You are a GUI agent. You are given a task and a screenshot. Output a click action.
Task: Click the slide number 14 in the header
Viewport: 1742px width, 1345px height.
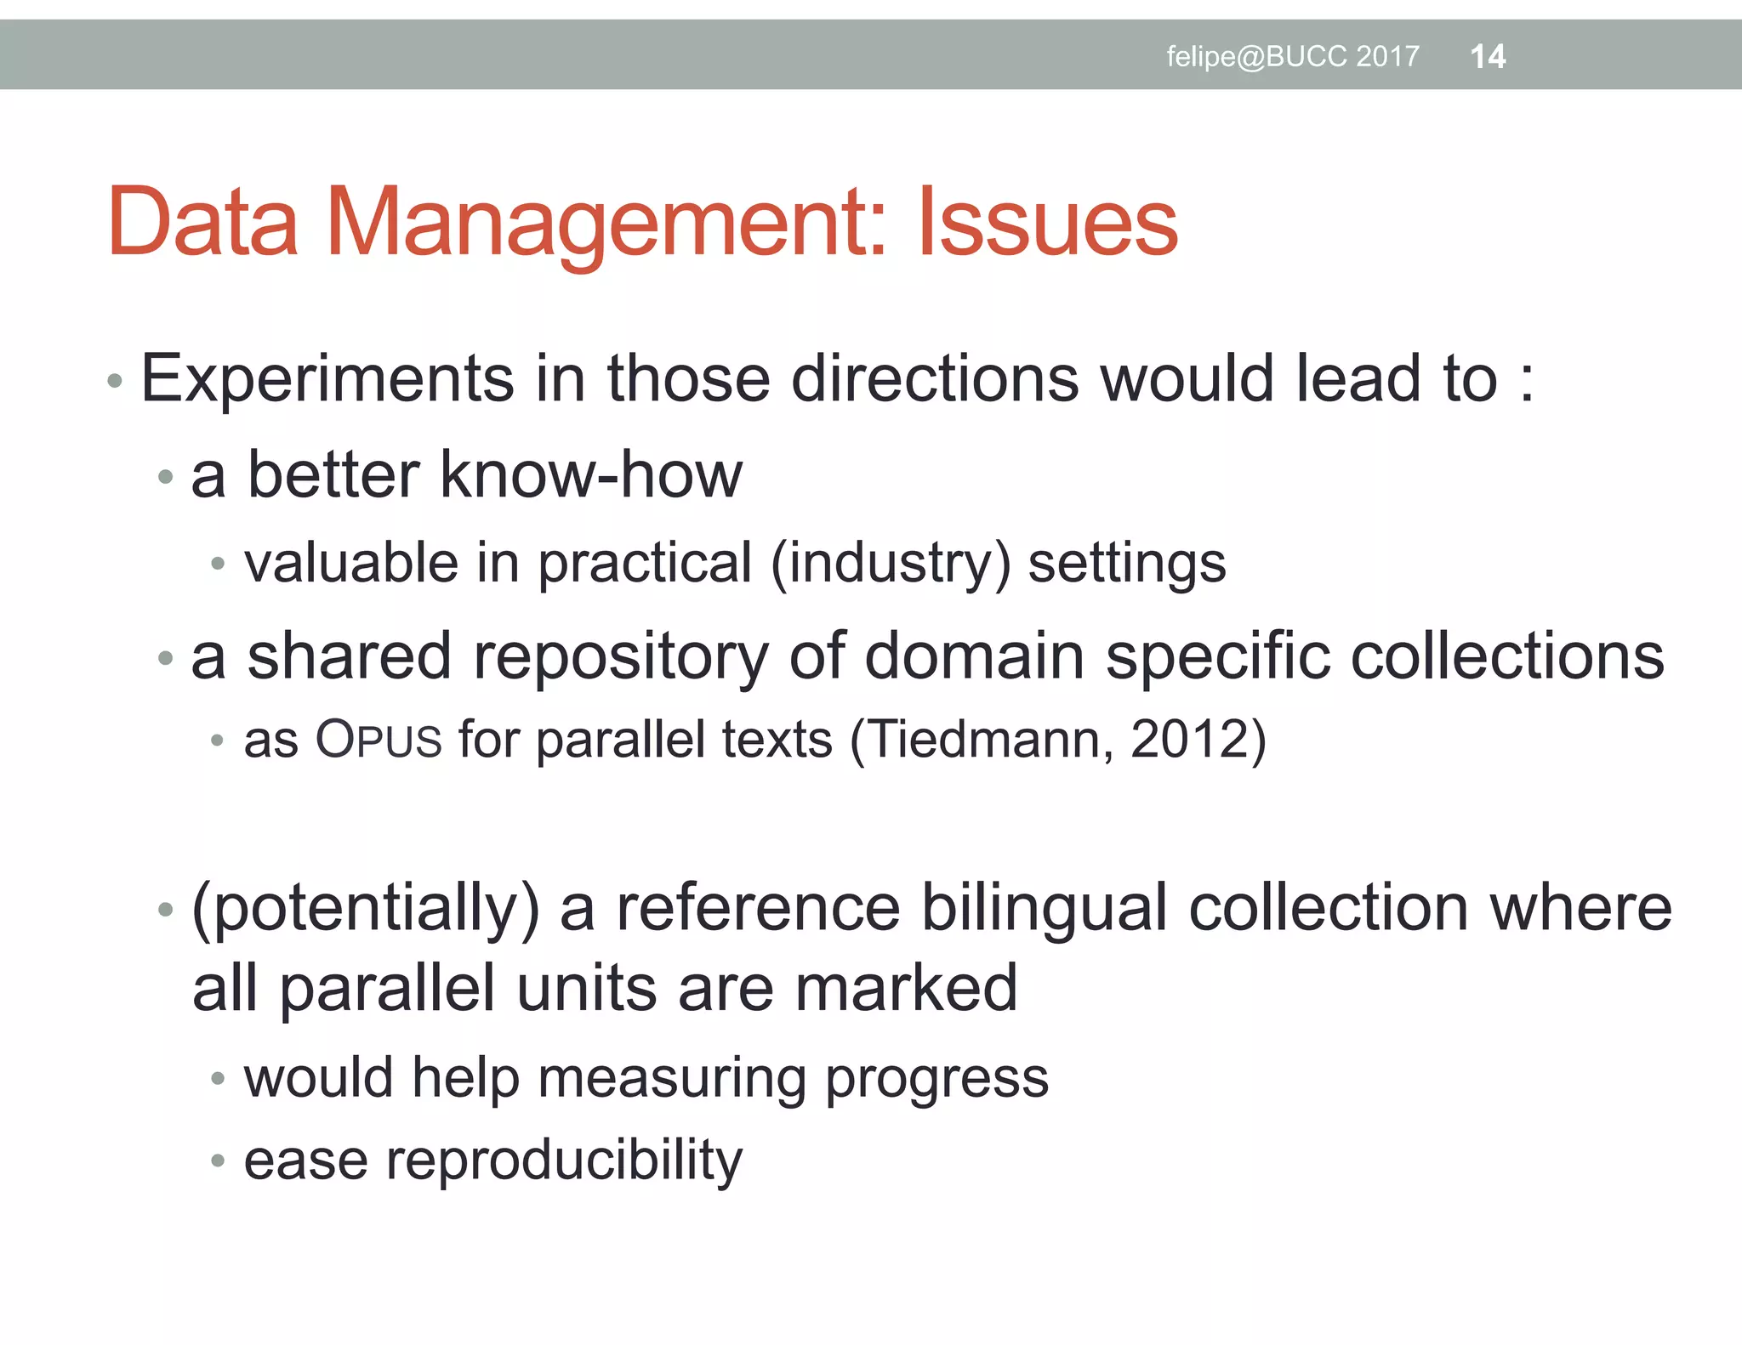[x=1488, y=57]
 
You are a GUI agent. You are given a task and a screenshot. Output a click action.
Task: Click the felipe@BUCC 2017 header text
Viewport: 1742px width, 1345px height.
[x=1292, y=57]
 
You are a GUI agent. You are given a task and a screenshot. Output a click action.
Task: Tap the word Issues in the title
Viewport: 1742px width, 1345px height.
[x=1047, y=222]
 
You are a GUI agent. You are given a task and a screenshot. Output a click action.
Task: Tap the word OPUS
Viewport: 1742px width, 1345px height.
[x=379, y=739]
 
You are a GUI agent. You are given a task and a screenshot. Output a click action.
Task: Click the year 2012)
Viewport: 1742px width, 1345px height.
[x=1198, y=739]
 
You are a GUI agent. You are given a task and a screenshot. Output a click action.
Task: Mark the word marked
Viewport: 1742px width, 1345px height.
[x=906, y=988]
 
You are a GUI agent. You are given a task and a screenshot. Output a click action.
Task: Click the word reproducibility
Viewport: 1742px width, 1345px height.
[x=564, y=1161]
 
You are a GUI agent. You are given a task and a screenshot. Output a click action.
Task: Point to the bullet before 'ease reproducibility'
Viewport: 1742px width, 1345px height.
[x=218, y=1161]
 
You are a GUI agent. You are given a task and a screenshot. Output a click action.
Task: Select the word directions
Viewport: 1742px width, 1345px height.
[x=935, y=378]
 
